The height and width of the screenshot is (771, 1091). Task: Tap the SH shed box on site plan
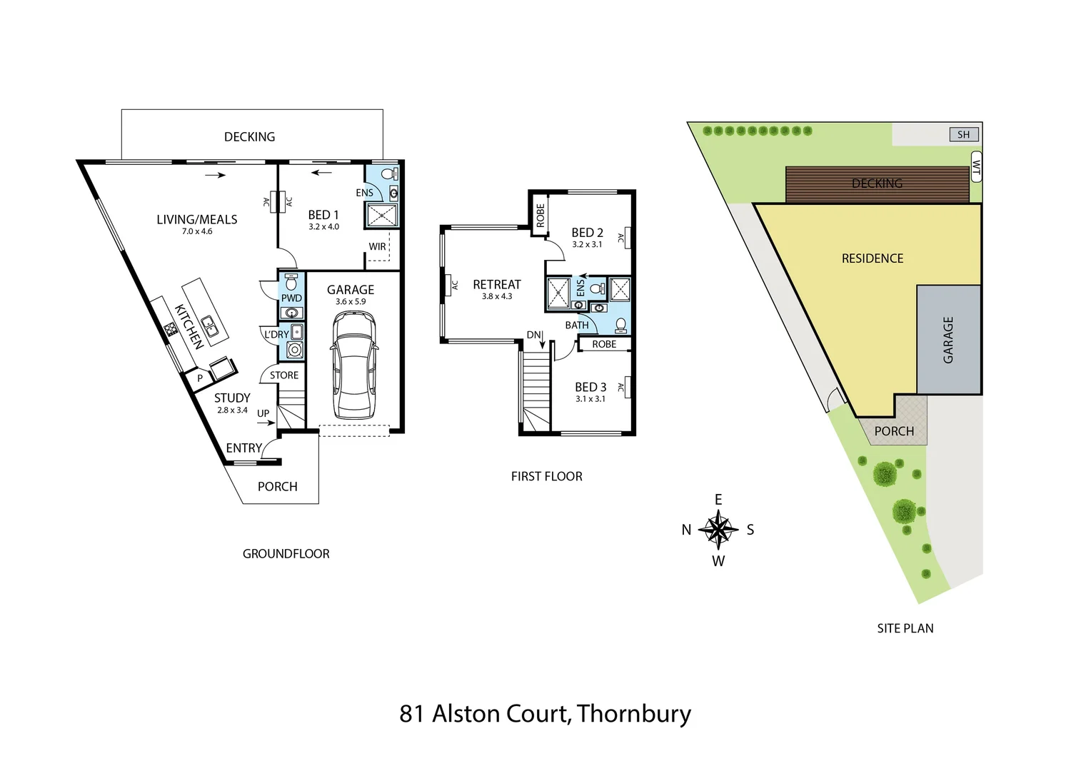[x=964, y=134]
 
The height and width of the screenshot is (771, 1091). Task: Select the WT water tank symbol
[x=976, y=167]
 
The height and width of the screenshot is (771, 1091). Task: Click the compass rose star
[x=718, y=530]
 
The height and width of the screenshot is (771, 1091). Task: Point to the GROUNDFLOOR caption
[x=286, y=554]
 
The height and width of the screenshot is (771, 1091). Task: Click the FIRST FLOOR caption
[x=546, y=476]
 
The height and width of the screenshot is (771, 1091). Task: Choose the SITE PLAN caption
[x=905, y=628]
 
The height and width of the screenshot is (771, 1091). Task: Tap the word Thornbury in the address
[x=634, y=713]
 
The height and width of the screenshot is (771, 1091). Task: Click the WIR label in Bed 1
[x=377, y=247]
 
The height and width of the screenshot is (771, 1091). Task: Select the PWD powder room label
[x=291, y=298]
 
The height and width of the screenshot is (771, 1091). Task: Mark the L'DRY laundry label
[x=276, y=334]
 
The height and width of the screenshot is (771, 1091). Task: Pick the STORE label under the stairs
[x=284, y=376]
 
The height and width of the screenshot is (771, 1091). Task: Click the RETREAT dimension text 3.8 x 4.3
[x=497, y=296]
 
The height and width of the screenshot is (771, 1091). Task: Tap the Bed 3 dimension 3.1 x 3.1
[x=590, y=399]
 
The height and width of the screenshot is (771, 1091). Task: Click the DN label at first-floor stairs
[x=534, y=335]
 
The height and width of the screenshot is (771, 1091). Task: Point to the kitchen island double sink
[x=210, y=326]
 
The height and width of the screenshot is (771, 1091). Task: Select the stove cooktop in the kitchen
[x=171, y=329]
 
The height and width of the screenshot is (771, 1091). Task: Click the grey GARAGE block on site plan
[x=948, y=340]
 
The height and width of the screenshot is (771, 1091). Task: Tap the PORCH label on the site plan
[x=894, y=431]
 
